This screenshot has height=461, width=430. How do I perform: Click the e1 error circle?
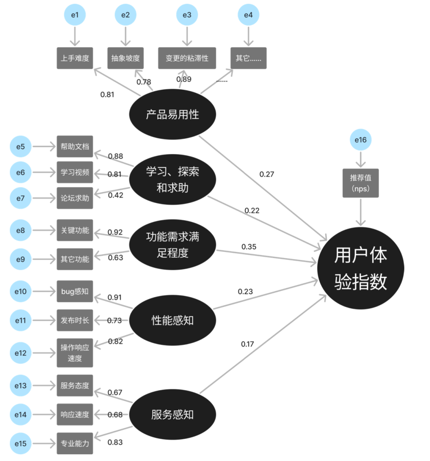(75, 15)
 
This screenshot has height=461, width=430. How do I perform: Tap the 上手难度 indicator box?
(75, 58)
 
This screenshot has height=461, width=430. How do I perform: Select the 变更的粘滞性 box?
(187, 58)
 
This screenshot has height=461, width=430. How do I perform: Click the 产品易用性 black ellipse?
(172, 114)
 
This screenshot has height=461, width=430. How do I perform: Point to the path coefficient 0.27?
(267, 174)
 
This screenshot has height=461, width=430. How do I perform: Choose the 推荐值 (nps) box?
(361, 183)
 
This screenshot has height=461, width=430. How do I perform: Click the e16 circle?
(361, 140)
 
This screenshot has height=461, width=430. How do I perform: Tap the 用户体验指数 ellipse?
(361, 268)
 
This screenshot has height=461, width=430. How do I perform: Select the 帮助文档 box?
(75, 147)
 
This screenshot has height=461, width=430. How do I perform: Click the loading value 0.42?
(115, 195)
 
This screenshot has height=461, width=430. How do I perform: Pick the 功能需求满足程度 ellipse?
(172, 245)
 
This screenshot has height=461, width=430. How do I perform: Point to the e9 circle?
(21, 259)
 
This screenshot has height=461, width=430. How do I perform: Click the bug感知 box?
(75, 291)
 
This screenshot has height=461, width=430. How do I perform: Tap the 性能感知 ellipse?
(172, 320)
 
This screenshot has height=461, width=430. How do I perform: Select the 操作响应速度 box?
(75, 353)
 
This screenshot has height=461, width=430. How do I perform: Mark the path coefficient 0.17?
(247, 344)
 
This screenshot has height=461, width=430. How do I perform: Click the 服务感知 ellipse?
(172, 415)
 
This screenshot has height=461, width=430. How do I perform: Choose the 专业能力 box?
(75, 443)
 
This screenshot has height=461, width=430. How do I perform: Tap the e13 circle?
(21, 386)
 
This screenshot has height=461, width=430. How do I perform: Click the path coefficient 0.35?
(249, 247)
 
